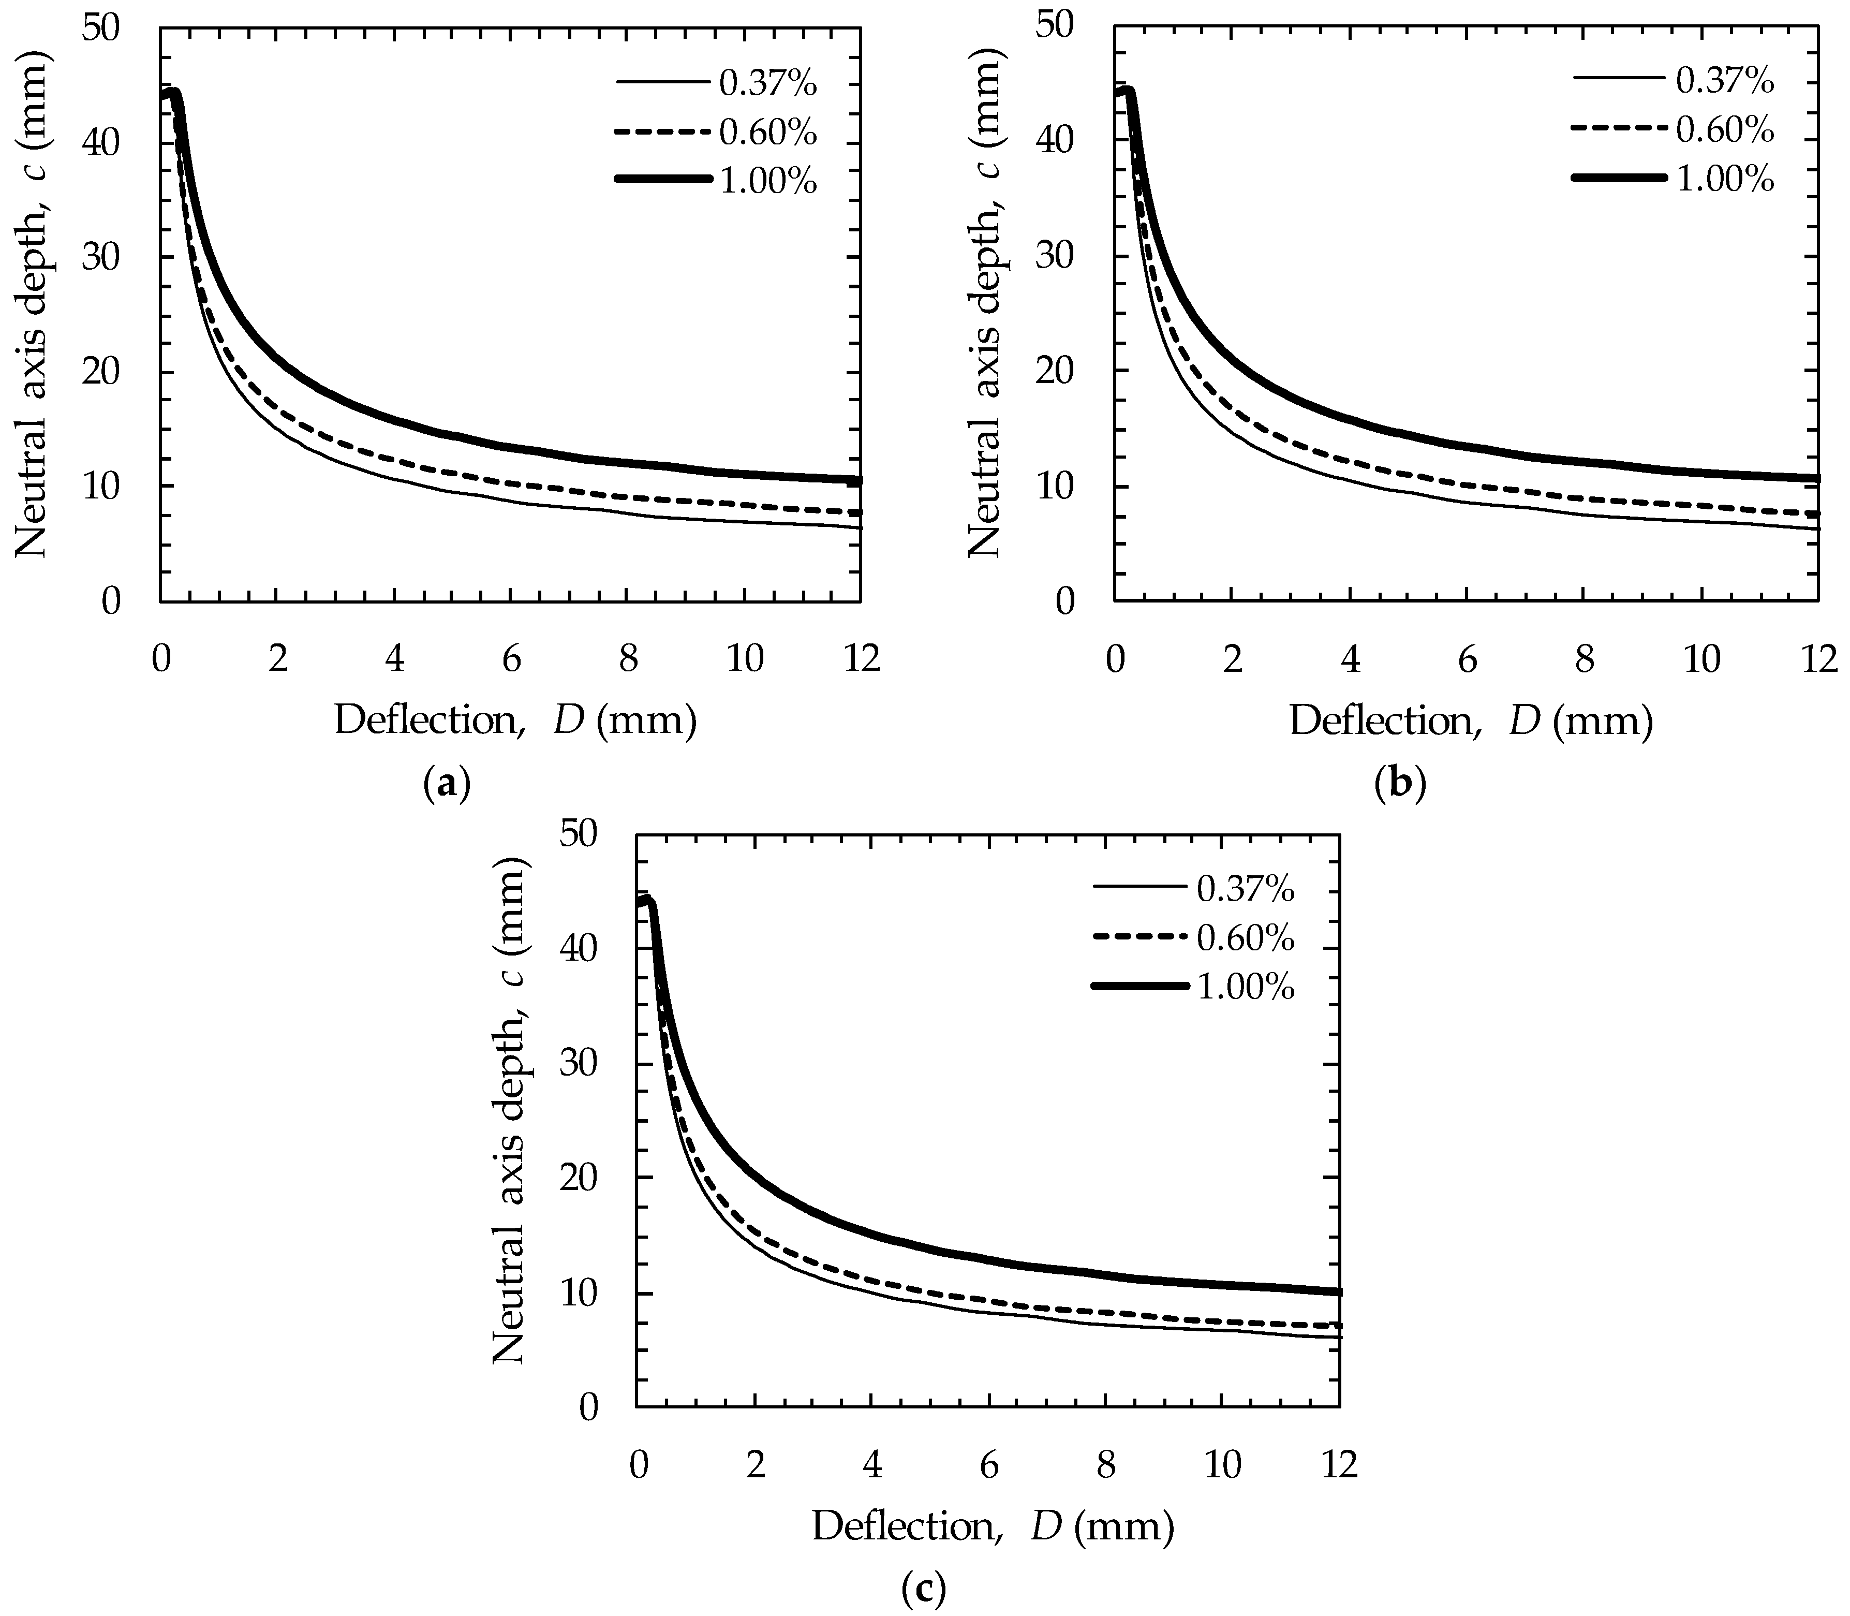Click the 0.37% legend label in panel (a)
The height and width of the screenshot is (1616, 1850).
[x=767, y=85]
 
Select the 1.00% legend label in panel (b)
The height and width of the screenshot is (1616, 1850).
[x=1725, y=180]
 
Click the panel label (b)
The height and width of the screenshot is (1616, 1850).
[x=1401, y=784]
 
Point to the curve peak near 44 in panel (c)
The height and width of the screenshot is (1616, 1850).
[x=647, y=901]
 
